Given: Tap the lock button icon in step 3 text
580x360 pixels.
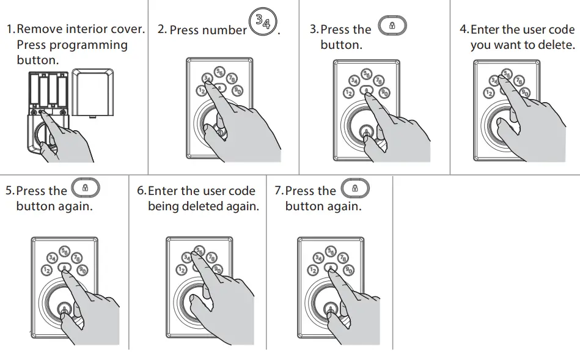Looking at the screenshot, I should (392, 26).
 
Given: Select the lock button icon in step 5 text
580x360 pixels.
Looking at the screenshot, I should (86, 188).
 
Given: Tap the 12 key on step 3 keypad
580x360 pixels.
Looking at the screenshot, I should (348, 93).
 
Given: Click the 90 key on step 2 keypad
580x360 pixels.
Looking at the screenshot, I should (238, 90).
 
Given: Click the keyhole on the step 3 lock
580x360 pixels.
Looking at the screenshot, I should (366, 131).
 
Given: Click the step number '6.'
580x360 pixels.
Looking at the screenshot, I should (142, 191).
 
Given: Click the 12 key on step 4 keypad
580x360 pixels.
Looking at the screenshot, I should (488, 93).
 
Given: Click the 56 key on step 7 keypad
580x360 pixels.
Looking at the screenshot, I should (331, 251).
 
